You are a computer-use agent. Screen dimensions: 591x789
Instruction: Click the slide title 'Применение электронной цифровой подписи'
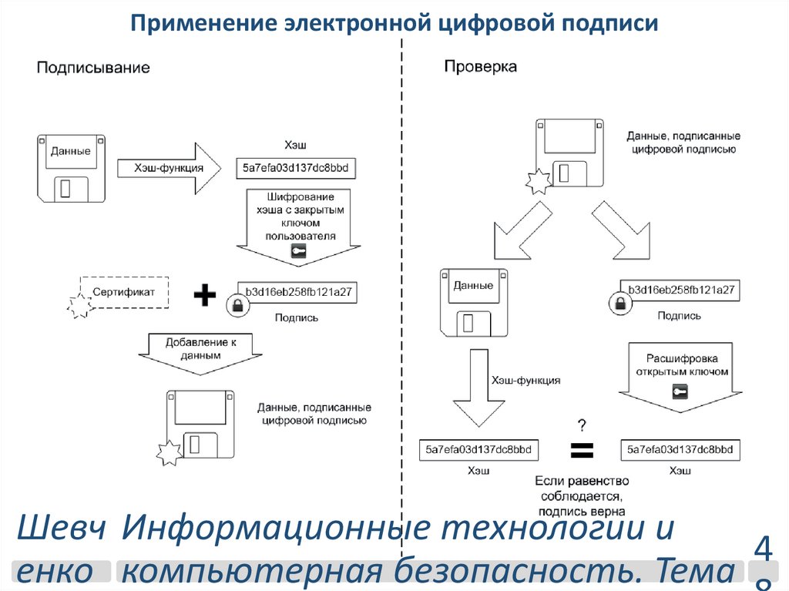394,23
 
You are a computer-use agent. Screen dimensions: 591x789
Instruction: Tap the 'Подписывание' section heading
93,68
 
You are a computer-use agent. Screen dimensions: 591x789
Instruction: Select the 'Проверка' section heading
480,67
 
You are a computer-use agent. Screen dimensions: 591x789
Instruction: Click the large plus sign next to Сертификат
204,294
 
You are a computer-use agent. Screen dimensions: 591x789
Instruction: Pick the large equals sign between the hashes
581,450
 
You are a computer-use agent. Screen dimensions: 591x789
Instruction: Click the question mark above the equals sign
582,425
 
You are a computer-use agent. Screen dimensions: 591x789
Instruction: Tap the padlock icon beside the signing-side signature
237,305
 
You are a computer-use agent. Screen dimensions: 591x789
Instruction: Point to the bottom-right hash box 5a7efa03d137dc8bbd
680,450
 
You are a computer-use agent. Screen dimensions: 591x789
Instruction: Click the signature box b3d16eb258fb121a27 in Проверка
681,290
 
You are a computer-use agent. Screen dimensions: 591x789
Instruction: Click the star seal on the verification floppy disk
539,183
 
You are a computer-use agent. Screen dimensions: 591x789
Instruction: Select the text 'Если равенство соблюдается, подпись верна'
582,495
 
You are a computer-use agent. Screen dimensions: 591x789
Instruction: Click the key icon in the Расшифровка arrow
679,392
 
